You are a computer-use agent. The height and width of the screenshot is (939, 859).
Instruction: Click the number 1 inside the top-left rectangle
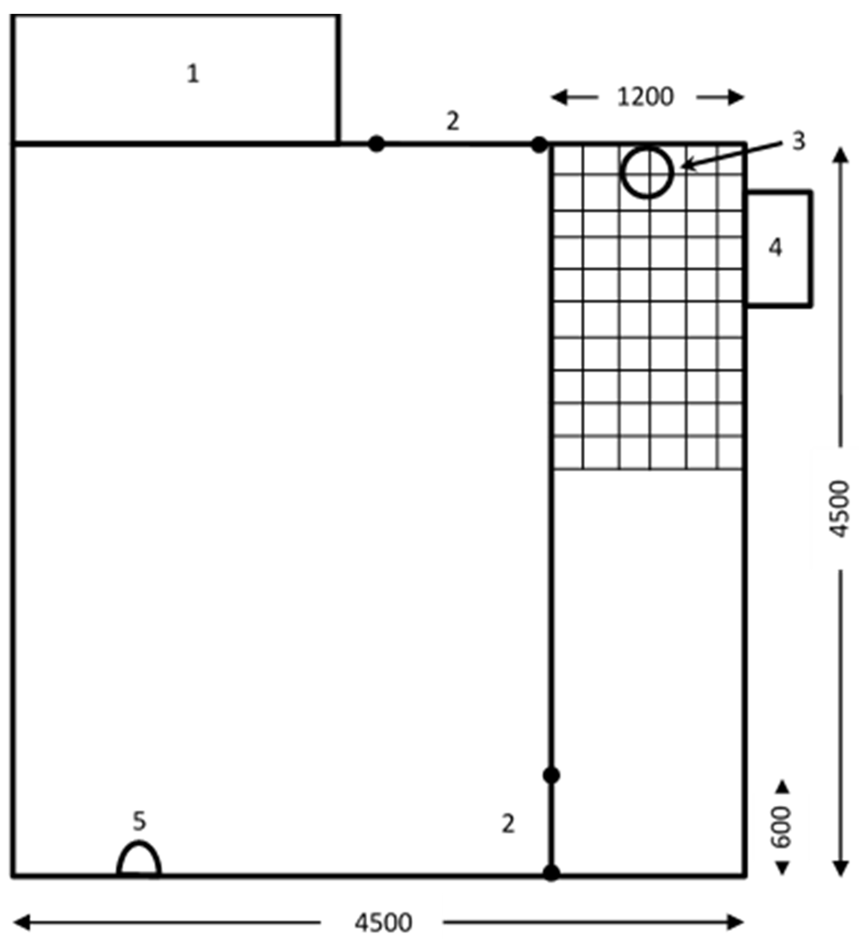coord(193,73)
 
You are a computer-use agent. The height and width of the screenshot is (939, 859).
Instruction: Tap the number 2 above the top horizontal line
coord(453,121)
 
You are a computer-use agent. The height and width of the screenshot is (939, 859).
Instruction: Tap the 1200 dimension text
coord(645,97)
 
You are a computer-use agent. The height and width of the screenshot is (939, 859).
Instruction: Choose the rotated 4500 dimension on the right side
coord(840,509)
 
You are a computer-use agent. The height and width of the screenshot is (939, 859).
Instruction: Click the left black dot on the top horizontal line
coord(377,144)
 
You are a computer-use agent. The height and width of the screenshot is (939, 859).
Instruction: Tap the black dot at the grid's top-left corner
coord(539,145)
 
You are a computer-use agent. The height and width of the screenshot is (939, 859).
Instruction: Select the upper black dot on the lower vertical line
coord(551,776)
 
